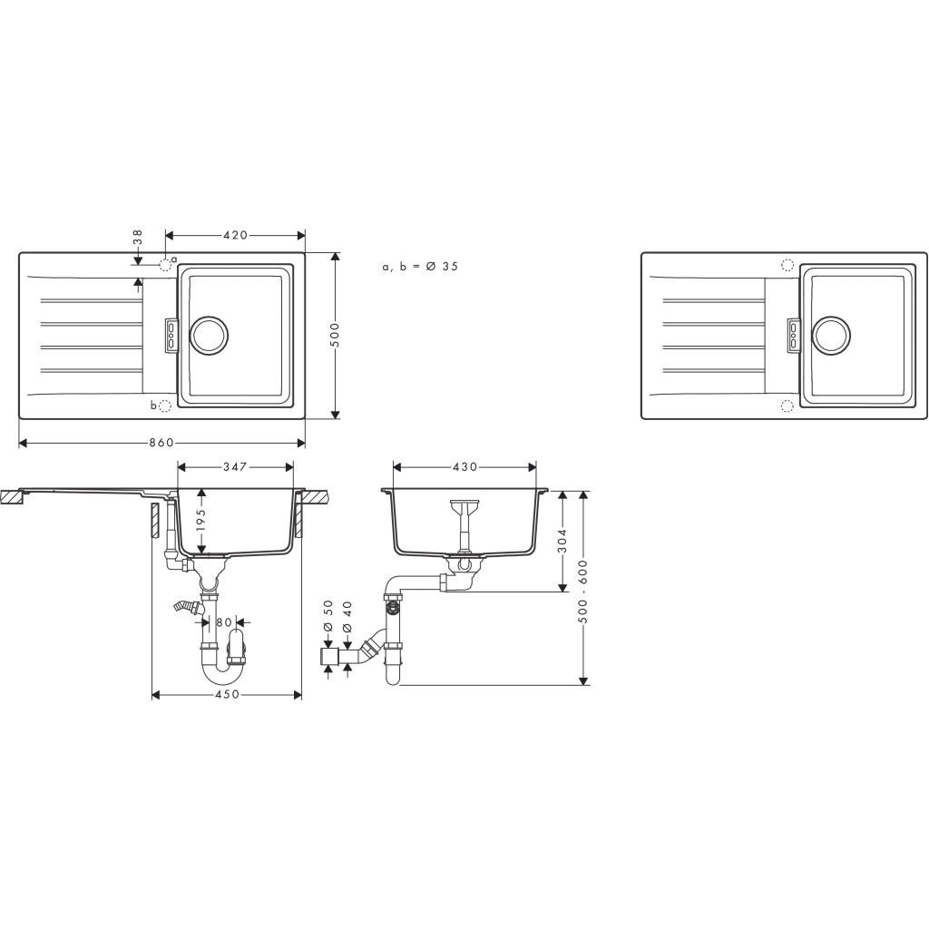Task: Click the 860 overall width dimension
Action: click(161, 443)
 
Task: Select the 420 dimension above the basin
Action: click(235, 235)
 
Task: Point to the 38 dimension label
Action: click(138, 238)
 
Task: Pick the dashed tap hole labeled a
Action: click(165, 264)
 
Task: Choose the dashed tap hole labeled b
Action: click(165, 406)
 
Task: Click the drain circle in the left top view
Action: click(209, 334)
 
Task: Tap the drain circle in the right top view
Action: click(831, 334)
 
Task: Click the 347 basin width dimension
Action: click(235, 466)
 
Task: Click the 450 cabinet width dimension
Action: click(226, 695)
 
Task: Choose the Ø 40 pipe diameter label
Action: click(347, 609)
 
